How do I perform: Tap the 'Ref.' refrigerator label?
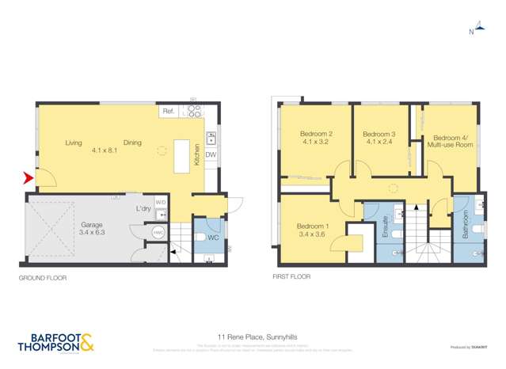point(168,112)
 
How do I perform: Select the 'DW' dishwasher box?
point(211,154)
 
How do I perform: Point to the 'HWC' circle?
point(158,233)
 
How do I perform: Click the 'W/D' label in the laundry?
point(161,202)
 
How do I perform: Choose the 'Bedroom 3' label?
point(379,135)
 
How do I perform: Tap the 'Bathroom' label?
point(465,226)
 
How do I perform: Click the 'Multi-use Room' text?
point(449,145)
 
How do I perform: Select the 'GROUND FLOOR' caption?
point(43,278)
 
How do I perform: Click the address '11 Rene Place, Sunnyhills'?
point(253,337)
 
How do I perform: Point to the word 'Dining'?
point(132,143)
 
